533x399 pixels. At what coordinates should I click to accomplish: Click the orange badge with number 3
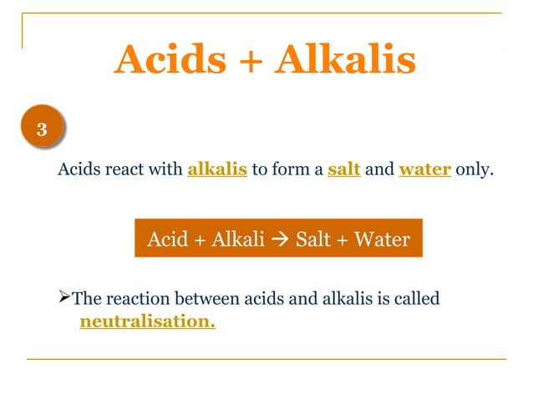(41, 131)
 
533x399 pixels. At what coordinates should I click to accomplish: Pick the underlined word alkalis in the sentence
(217, 170)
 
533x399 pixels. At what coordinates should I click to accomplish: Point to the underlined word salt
(343, 170)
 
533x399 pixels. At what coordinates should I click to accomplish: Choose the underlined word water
(426, 170)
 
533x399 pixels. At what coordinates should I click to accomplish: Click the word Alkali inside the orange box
(238, 240)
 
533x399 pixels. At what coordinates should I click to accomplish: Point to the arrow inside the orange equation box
(282, 241)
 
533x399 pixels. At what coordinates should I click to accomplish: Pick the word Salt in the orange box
(313, 240)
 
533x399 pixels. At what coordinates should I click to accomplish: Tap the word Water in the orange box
(382, 240)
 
